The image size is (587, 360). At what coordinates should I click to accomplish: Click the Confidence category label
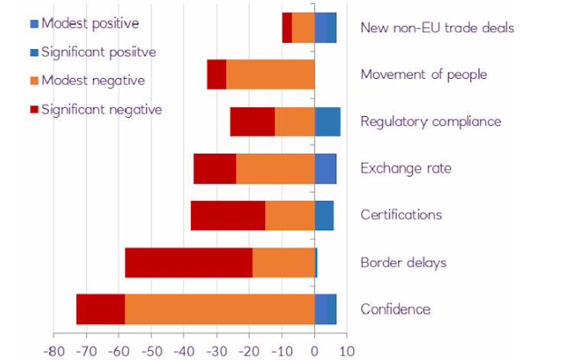[x=395, y=310]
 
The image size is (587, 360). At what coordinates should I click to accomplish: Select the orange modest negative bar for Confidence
[x=219, y=310]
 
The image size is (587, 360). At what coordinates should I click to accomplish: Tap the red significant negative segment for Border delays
[x=188, y=263]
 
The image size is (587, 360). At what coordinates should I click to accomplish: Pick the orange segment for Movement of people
[x=270, y=74]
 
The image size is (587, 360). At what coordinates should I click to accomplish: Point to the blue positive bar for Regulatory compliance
[x=327, y=122]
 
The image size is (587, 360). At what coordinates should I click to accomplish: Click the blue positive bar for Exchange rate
[x=325, y=169]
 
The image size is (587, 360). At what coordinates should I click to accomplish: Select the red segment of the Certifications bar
[x=228, y=216]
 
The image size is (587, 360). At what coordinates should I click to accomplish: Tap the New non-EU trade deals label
[x=436, y=28]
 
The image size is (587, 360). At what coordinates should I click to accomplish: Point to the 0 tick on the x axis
[x=314, y=351]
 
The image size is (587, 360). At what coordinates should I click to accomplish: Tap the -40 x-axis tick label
[x=183, y=351]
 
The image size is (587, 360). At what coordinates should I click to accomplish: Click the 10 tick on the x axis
[x=346, y=351]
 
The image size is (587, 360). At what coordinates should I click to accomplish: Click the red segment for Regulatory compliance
[x=252, y=122]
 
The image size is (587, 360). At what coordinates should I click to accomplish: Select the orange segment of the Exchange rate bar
[x=275, y=169]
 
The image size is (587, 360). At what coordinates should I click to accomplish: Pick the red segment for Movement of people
[x=216, y=74]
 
